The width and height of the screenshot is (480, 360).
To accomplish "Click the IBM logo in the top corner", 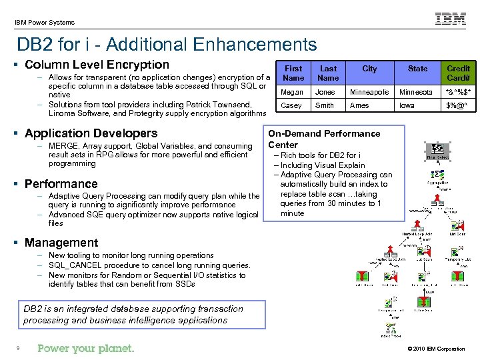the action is point(451,19).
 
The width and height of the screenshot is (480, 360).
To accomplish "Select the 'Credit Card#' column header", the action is point(458,73).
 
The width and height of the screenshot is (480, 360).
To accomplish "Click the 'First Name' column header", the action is point(293,73).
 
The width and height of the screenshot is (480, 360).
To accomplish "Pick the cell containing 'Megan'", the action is point(293,92).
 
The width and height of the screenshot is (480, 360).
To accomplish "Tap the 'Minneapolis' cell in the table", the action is point(369,92).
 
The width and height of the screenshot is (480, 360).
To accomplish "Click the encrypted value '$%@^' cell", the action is point(458,105).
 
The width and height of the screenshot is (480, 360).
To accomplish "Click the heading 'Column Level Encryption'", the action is point(97,65).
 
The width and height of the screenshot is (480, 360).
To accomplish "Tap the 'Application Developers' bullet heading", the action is point(91,133).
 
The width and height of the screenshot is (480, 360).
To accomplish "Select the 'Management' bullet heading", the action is point(61,243).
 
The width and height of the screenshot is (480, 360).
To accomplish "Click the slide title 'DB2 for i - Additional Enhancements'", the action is point(167,45).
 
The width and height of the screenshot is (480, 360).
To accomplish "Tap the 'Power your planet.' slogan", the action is point(86,348).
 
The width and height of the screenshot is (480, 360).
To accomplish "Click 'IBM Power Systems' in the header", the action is point(45,23).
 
